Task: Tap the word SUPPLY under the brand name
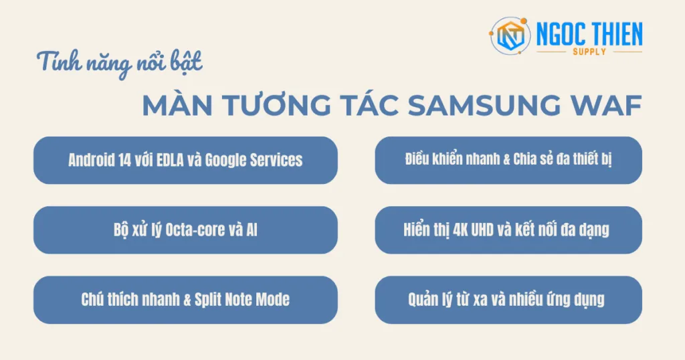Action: click(589, 52)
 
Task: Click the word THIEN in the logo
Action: click(613, 33)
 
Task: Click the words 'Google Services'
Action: click(254, 161)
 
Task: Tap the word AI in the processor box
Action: click(252, 230)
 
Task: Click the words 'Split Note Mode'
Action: click(242, 299)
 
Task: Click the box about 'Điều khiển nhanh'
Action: click(508, 160)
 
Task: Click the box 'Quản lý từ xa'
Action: click(508, 299)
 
